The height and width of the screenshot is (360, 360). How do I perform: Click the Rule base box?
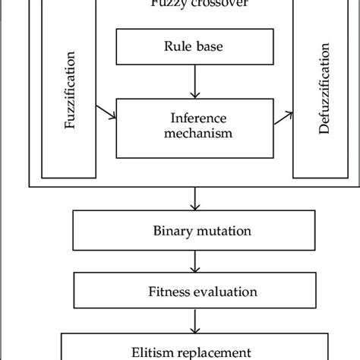coord(196,47)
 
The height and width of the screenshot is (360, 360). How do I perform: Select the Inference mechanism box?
coord(196,125)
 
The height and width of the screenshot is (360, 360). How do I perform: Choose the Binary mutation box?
coord(196,229)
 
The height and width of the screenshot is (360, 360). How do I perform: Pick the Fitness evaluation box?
coord(196,290)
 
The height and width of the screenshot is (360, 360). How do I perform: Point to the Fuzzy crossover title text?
coord(196,5)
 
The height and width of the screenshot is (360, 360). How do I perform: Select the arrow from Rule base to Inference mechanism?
coord(196,81)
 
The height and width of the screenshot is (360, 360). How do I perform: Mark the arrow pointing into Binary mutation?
coord(196,199)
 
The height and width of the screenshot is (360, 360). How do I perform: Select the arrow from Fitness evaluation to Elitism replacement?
coord(196,319)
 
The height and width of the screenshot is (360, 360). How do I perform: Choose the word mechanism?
coord(196,132)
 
